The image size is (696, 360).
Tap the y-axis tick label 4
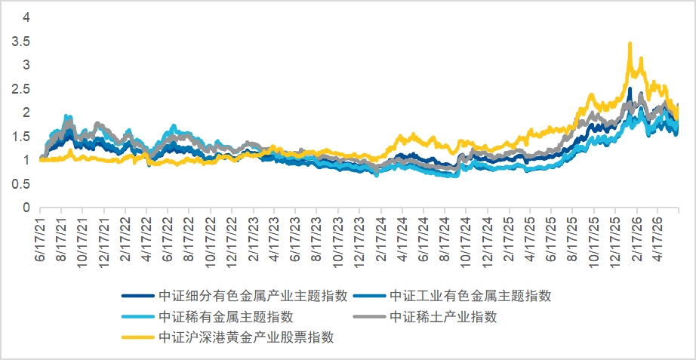pos(26,17)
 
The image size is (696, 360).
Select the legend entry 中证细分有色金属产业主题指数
pos(253,296)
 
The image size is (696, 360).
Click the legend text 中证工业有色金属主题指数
pos(470,296)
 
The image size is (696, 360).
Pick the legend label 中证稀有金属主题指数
pos(226,317)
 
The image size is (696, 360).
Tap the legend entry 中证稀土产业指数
pos(443,317)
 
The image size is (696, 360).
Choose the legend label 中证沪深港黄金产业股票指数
pos(246,337)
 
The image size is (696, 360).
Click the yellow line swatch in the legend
pos(138,338)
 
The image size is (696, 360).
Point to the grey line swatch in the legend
pos(370,317)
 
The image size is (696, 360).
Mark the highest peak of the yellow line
pos(630,44)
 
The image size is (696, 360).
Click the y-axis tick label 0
pos(26,208)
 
